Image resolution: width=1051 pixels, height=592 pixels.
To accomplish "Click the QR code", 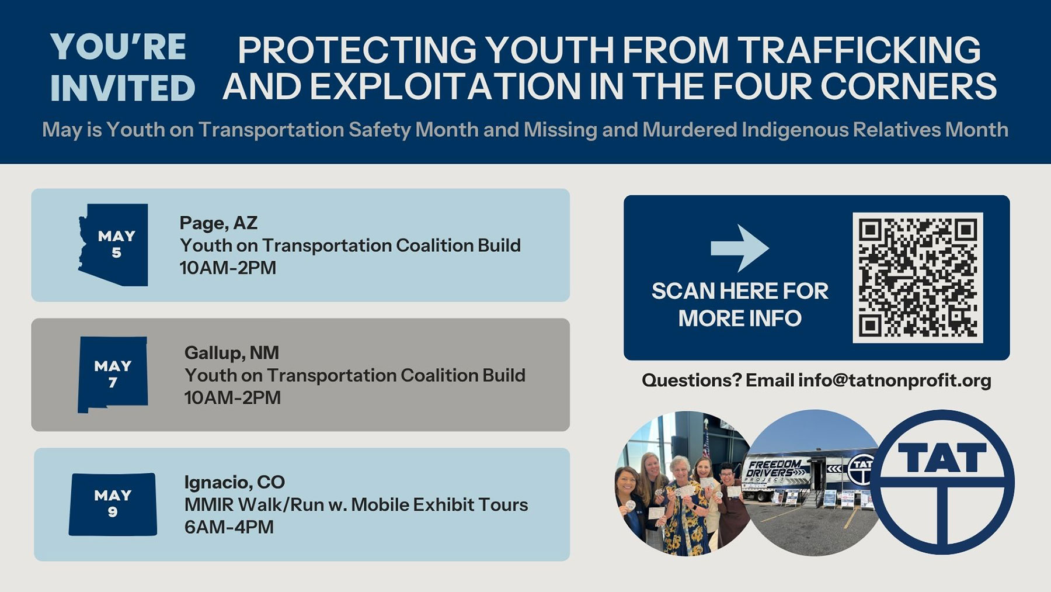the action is pos(917,278).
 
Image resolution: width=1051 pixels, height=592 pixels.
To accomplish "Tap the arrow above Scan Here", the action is pos(740,248).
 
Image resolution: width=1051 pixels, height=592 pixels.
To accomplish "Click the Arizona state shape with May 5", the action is pos(114,244).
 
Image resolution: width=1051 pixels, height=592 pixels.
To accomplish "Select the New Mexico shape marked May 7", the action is pos(113,375).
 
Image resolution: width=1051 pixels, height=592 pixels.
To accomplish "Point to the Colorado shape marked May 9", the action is pos(113,504).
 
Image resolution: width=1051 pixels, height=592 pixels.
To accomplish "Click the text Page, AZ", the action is pos(218,223).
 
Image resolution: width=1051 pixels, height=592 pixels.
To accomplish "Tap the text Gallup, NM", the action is pos(232,353).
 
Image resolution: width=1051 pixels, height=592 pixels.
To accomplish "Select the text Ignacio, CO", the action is pos(235,482).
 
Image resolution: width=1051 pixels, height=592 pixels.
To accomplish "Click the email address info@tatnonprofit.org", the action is pos(895,380).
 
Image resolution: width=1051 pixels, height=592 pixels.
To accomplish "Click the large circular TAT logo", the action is pos(942,483).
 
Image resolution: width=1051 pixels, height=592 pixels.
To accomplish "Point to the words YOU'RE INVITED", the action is pos(123,68).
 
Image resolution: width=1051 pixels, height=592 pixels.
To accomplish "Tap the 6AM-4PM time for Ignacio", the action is pos(229,527).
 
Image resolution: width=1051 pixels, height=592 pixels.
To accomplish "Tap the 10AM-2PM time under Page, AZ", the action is pos(228,268).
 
